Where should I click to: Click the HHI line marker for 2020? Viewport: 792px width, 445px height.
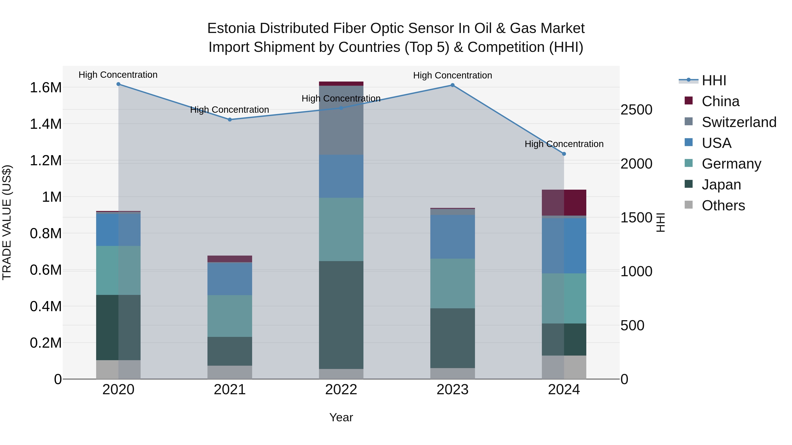[x=118, y=84]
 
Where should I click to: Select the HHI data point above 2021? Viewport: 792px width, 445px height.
[x=230, y=120]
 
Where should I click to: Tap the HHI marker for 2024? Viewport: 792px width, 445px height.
[x=564, y=154]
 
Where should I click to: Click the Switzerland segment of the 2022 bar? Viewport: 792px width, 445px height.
[x=341, y=120]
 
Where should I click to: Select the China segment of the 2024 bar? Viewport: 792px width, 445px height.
[x=564, y=203]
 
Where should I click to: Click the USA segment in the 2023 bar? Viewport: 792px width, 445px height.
[x=452, y=237]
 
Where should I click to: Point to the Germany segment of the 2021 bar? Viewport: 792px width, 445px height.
[x=230, y=316]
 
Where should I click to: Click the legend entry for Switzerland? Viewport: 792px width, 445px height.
[x=739, y=122]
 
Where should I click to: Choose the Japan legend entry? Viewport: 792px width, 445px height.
[x=721, y=185]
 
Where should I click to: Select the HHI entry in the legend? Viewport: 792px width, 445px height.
[x=714, y=80]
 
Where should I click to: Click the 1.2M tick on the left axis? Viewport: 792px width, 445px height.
[x=46, y=161]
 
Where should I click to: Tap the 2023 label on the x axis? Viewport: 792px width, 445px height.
[x=452, y=390]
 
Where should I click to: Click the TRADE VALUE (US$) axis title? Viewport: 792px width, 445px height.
[x=7, y=222]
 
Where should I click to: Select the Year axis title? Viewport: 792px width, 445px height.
[x=341, y=417]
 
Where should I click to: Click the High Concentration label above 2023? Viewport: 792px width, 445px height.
[x=452, y=76]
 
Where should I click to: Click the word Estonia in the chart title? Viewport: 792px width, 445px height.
[x=231, y=28]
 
